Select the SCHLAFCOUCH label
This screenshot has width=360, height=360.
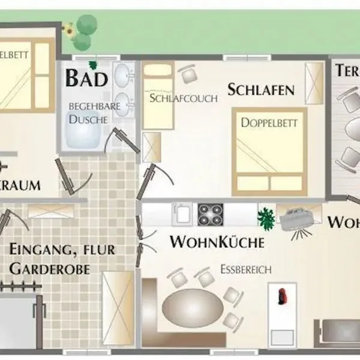[x=184, y=98]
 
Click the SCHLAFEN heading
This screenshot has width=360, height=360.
[x=261, y=90]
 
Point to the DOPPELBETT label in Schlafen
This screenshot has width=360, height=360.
[x=269, y=122]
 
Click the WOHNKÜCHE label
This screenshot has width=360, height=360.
[x=217, y=242]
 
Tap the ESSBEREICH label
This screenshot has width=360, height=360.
[x=245, y=269]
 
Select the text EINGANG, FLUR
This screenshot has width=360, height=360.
[x=62, y=249]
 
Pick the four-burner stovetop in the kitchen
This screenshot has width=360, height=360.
[x=210, y=214]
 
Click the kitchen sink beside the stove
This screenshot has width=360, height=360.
[x=182, y=214]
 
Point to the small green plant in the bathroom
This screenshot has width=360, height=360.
[x=93, y=64]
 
